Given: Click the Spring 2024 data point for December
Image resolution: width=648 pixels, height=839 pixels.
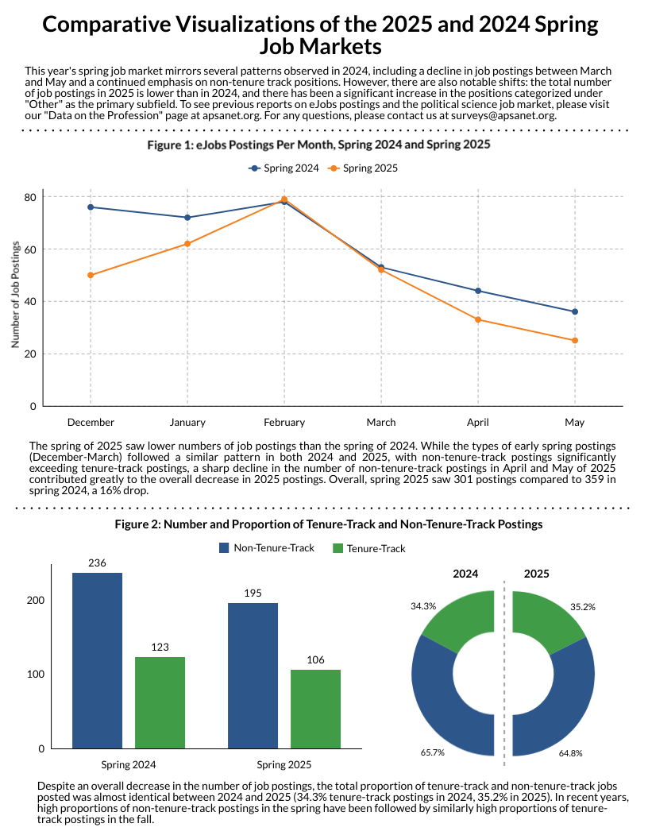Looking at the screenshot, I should pyautogui.click(x=91, y=207).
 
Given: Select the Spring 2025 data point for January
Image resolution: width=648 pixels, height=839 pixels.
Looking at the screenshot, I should pyautogui.click(x=187, y=244).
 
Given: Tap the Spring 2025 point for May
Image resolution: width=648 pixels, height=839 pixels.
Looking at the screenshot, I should pyautogui.click(x=574, y=341).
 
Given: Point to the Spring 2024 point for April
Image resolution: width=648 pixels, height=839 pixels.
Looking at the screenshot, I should pyautogui.click(x=478, y=291).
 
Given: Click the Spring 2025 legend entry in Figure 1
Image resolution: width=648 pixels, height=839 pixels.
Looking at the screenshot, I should pyautogui.click(x=364, y=168).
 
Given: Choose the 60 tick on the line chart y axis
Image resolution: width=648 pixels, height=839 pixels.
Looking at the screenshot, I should pyautogui.click(x=29, y=249).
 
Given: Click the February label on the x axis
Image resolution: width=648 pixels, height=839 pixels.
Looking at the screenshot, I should pyautogui.click(x=284, y=422).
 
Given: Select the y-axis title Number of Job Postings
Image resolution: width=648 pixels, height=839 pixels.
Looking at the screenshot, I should pyautogui.click(x=15, y=296).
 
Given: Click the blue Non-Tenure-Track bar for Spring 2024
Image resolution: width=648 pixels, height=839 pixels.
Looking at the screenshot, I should pyautogui.click(x=98, y=660).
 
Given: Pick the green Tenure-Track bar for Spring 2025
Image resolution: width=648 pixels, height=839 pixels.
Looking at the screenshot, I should pyautogui.click(x=315, y=709).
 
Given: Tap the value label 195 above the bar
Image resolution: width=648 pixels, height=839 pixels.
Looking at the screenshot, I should pyautogui.click(x=253, y=593).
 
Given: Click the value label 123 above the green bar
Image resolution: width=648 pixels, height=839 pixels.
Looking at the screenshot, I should pyautogui.click(x=160, y=648).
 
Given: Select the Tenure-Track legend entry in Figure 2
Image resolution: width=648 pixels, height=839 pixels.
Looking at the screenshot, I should pyautogui.click(x=368, y=548).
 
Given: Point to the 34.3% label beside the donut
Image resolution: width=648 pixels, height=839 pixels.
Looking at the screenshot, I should pyautogui.click(x=423, y=606).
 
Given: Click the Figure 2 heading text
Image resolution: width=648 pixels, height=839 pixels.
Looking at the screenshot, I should pyautogui.click(x=329, y=524).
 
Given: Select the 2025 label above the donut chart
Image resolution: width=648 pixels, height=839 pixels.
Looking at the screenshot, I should pyautogui.click(x=536, y=574).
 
